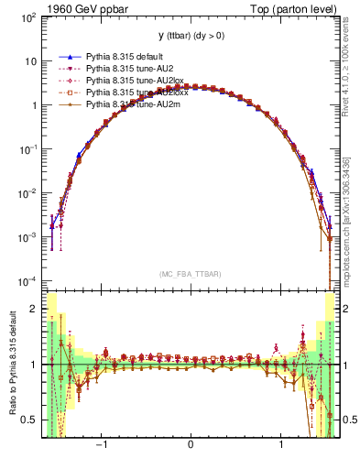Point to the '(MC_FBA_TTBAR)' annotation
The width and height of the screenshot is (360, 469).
(x=190, y=274)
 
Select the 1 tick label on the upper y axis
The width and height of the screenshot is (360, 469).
(x=34, y=105)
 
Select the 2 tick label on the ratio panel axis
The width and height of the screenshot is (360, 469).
(x=34, y=309)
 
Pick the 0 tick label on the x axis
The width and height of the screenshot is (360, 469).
(x=190, y=446)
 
